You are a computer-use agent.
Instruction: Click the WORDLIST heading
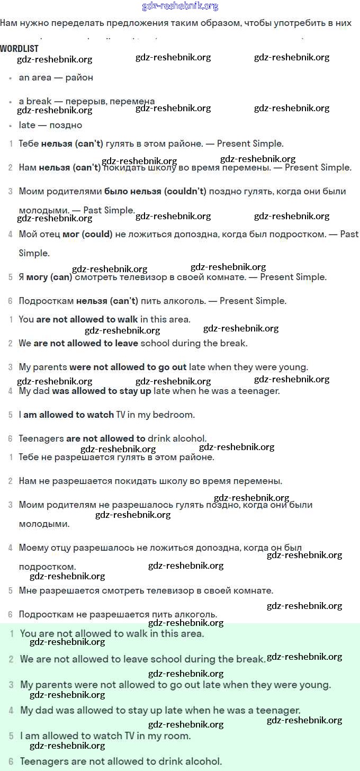click(x=19, y=48)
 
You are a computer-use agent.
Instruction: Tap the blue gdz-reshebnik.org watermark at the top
click(x=180, y=6)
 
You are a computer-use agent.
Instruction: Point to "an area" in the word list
click(x=35, y=77)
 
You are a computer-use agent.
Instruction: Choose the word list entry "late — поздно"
click(x=50, y=125)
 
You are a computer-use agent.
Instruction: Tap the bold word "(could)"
click(x=97, y=234)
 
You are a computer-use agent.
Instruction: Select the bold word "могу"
click(x=37, y=277)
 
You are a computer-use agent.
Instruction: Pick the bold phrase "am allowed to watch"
click(x=68, y=415)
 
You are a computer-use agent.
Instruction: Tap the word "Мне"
click(x=27, y=590)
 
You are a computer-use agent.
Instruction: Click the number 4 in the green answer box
click(x=11, y=710)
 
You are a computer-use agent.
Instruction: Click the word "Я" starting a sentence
click(x=21, y=277)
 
